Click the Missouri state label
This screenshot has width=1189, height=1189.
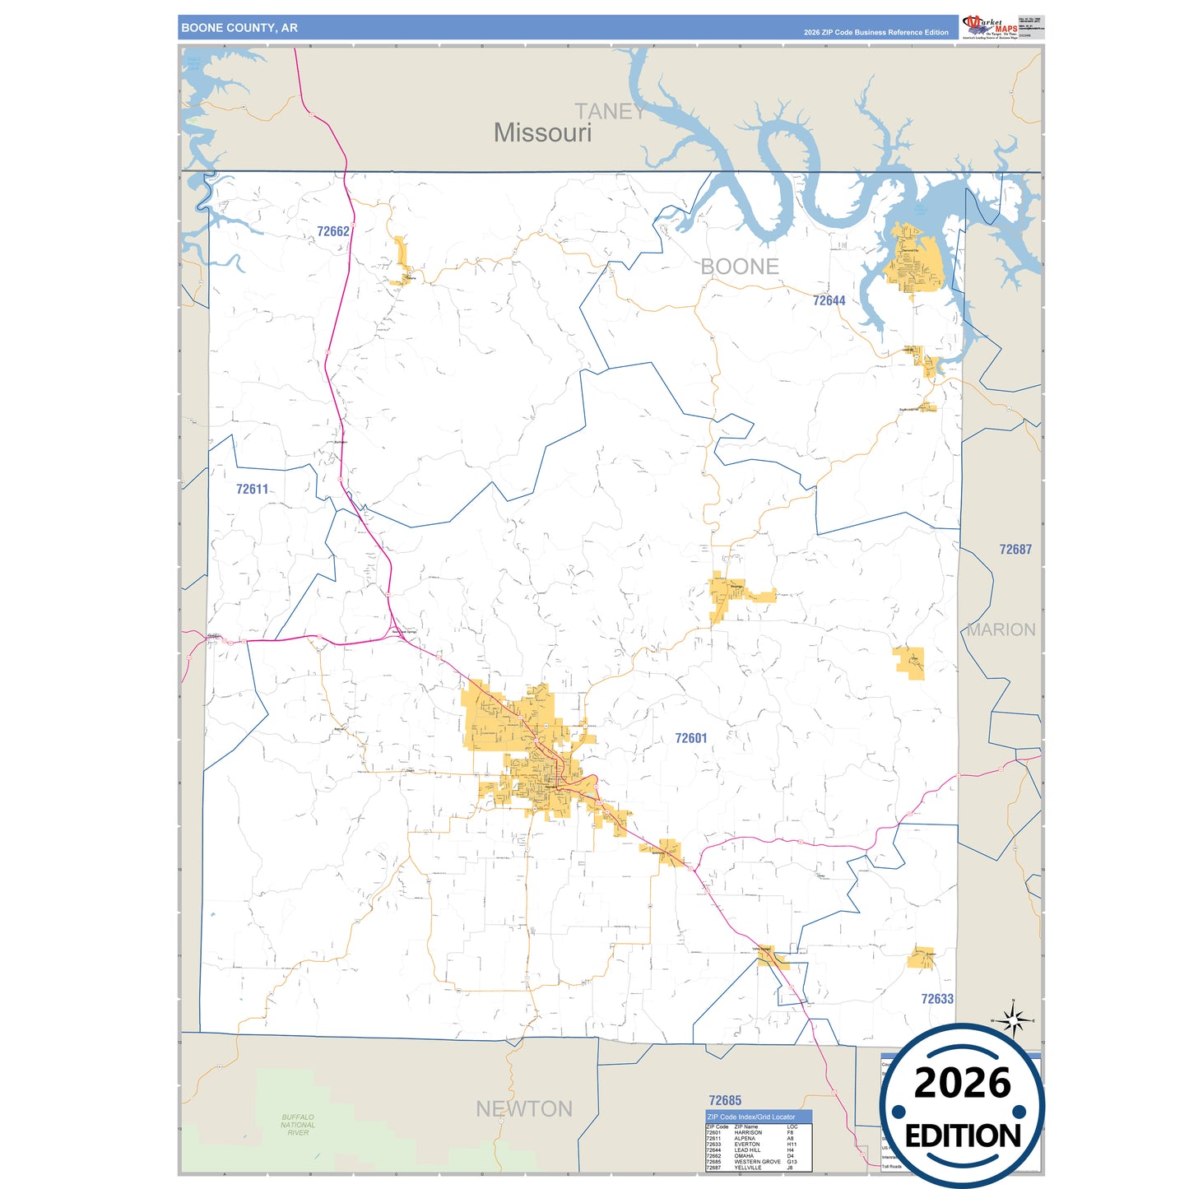[x=542, y=132]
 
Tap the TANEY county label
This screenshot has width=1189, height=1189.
[x=610, y=112]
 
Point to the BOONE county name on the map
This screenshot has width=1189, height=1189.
[x=740, y=267]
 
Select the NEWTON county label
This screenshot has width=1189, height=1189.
[x=524, y=1109]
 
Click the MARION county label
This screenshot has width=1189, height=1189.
[x=1001, y=629]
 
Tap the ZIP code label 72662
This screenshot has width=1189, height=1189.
[x=333, y=231]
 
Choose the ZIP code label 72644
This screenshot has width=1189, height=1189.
[x=829, y=300]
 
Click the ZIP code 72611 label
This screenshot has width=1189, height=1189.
[x=252, y=489]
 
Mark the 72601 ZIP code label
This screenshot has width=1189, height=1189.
[x=690, y=738]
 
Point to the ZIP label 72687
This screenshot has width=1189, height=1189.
[x=1015, y=549]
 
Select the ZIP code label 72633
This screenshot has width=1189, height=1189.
[x=936, y=999]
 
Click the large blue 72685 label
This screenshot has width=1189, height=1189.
[x=725, y=1100]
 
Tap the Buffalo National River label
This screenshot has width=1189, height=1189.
[x=298, y=1125]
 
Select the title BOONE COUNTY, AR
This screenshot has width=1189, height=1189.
[x=239, y=28]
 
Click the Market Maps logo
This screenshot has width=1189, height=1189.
[x=990, y=26]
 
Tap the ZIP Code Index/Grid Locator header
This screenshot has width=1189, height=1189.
[x=751, y=1117]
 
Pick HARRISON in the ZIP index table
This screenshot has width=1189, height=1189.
[x=748, y=1132]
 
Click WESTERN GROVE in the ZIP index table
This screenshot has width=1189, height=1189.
[x=757, y=1162]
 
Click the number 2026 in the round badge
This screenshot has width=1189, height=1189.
[x=962, y=1083]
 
